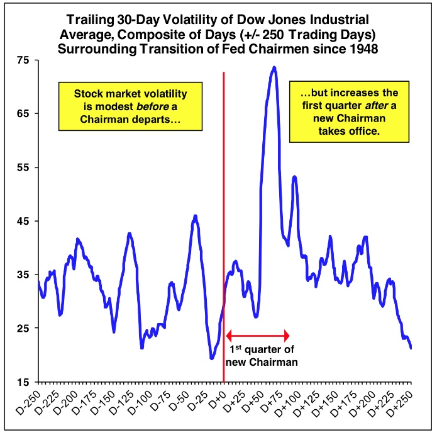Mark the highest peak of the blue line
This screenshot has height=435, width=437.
(274, 67)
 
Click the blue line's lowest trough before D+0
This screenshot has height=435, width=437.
(212, 358)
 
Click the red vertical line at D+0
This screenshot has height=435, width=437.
(224, 189)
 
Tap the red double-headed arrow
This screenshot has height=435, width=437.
(257, 335)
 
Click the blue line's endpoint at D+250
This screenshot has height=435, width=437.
(411, 347)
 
